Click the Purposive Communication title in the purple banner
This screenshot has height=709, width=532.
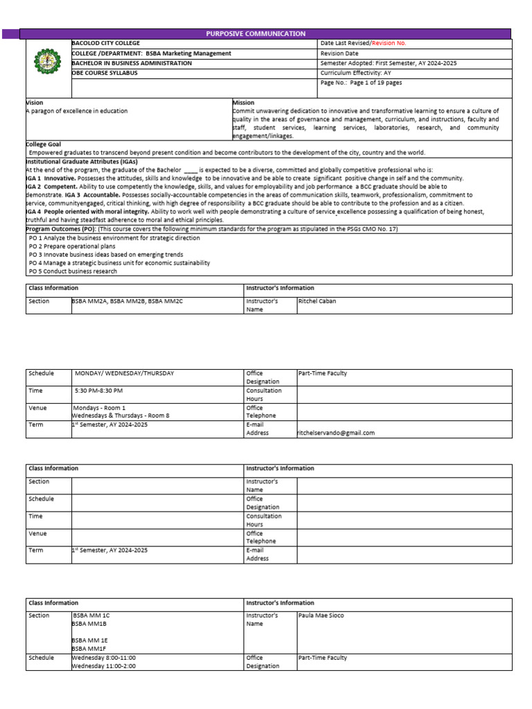pos(256,33)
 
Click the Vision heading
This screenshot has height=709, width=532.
pos(35,102)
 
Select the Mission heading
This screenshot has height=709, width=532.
pos(243,102)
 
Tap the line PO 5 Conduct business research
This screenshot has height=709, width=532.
pos(73,271)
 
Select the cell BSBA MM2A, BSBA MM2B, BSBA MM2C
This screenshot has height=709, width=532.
pos(127,301)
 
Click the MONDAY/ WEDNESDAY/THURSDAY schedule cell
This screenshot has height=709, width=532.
pos(124,373)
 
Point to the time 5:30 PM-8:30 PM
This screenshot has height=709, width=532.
pos(99,391)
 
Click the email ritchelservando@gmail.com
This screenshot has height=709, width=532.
pos(336,433)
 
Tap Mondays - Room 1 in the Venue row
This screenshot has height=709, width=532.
pos(99,408)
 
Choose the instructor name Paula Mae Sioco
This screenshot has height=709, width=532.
pos(321,615)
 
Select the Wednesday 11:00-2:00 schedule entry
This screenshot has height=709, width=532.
pos(104,665)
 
